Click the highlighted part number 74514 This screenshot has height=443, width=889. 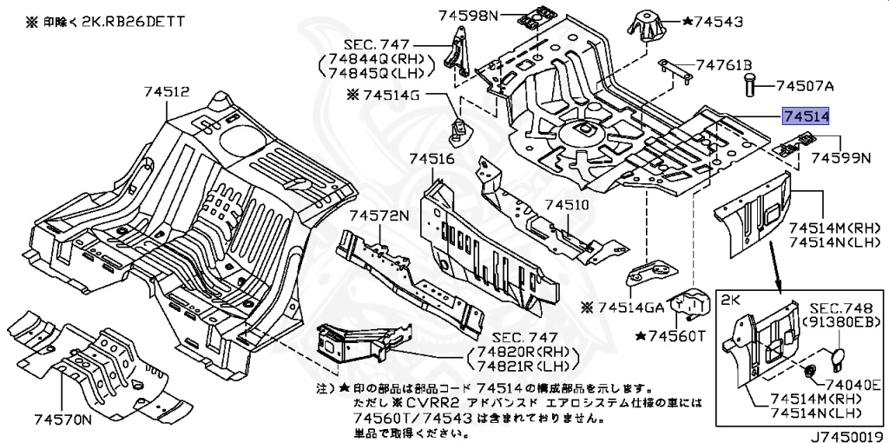click(x=806, y=116)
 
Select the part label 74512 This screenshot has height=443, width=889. click(x=166, y=91)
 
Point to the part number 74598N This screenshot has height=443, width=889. click(x=469, y=15)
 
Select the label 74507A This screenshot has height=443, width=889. click(x=804, y=86)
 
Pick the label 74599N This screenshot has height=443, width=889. click(x=840, y=158)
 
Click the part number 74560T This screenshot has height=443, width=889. click(x=678, y=335)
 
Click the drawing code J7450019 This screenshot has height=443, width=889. click(x=847, y=434)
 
